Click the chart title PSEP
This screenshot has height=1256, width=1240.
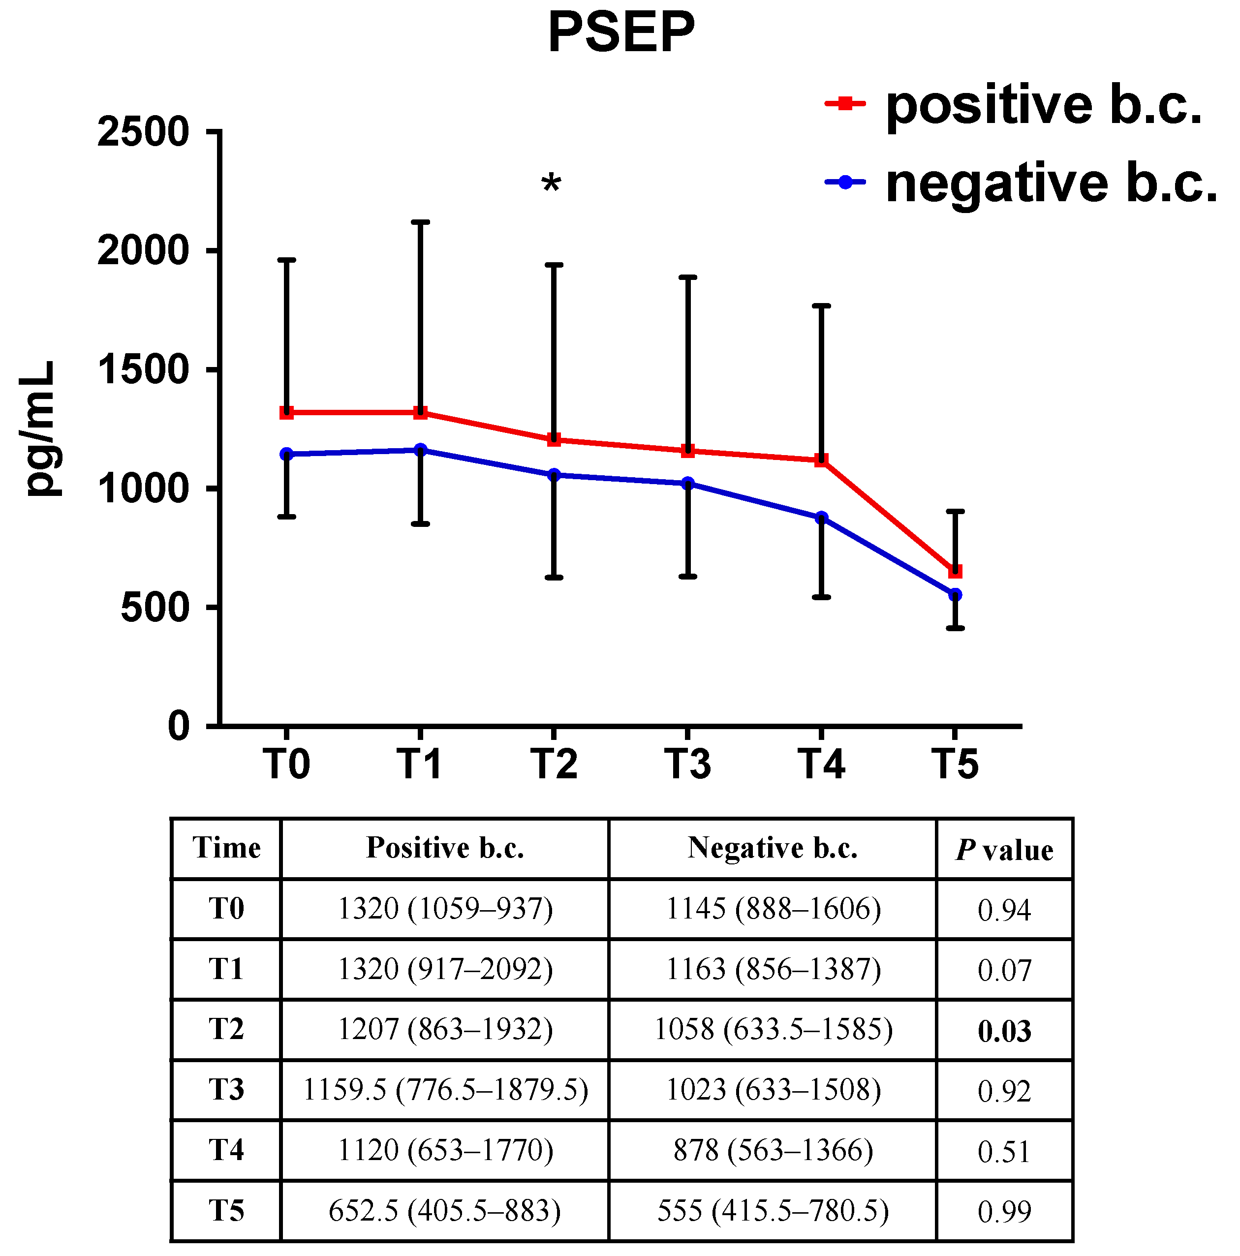pyautogui.click(x=621, y=32)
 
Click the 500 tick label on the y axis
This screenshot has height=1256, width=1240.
pyautogui.click(x=155, y=609)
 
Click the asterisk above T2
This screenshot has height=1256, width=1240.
pyautogui.click(x=551, y=184)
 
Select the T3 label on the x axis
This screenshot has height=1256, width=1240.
pyautogui.click(x=687, y=764)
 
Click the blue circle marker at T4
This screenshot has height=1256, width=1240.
pyautogui.click(x=821, y=518)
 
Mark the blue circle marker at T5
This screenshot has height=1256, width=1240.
pyautogui.click(x=955, y=595)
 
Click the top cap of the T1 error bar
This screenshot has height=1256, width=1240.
pyautogui.click(x=421, y=222)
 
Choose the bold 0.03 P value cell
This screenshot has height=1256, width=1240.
pyautogui.click(x=1004, y=1031)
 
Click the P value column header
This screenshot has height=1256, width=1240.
pyautogui.click(x=1004, y=850)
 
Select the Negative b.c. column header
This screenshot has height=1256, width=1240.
pyautogui.click(x=773, y=848)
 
